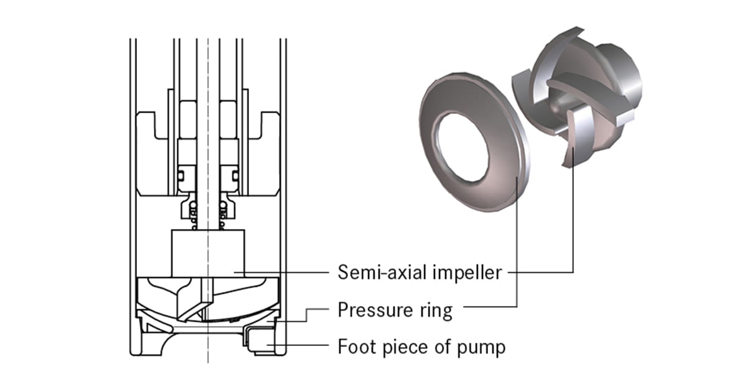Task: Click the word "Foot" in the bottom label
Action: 357,346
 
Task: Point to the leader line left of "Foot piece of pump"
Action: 299,346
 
